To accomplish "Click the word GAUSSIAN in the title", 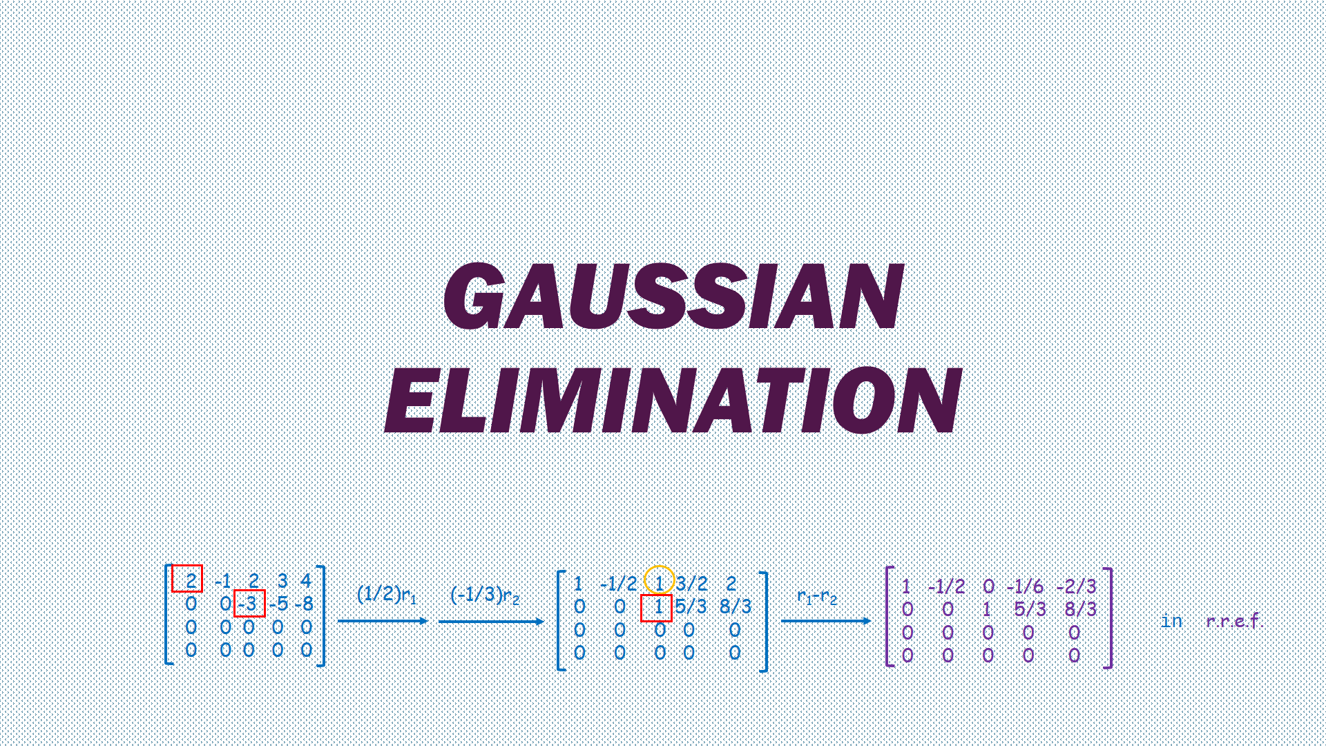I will (673, 297).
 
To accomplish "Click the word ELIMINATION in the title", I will (673, 401).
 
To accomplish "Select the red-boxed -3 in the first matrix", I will (249, 604).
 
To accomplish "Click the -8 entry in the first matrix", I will (304, 604).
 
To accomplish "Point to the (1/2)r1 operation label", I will (387, 595).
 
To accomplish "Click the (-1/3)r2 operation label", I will (485, 595).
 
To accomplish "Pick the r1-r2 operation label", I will (817, 597).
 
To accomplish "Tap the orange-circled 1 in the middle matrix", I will (659, 582).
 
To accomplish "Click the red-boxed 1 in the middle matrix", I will (657, 607).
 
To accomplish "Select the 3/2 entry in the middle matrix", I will (692, 584).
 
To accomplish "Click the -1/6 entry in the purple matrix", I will (1025, 587).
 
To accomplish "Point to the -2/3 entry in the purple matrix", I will (1076, 587).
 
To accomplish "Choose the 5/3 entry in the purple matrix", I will (1029, 610).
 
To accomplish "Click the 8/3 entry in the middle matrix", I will (736, 607).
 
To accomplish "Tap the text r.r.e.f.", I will (1233, 621).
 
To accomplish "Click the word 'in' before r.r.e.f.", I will (1171, 621).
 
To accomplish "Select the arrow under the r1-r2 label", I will (826, 621).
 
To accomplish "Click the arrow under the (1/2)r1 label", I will (383, 621).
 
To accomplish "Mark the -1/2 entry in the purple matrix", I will (946, 587).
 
